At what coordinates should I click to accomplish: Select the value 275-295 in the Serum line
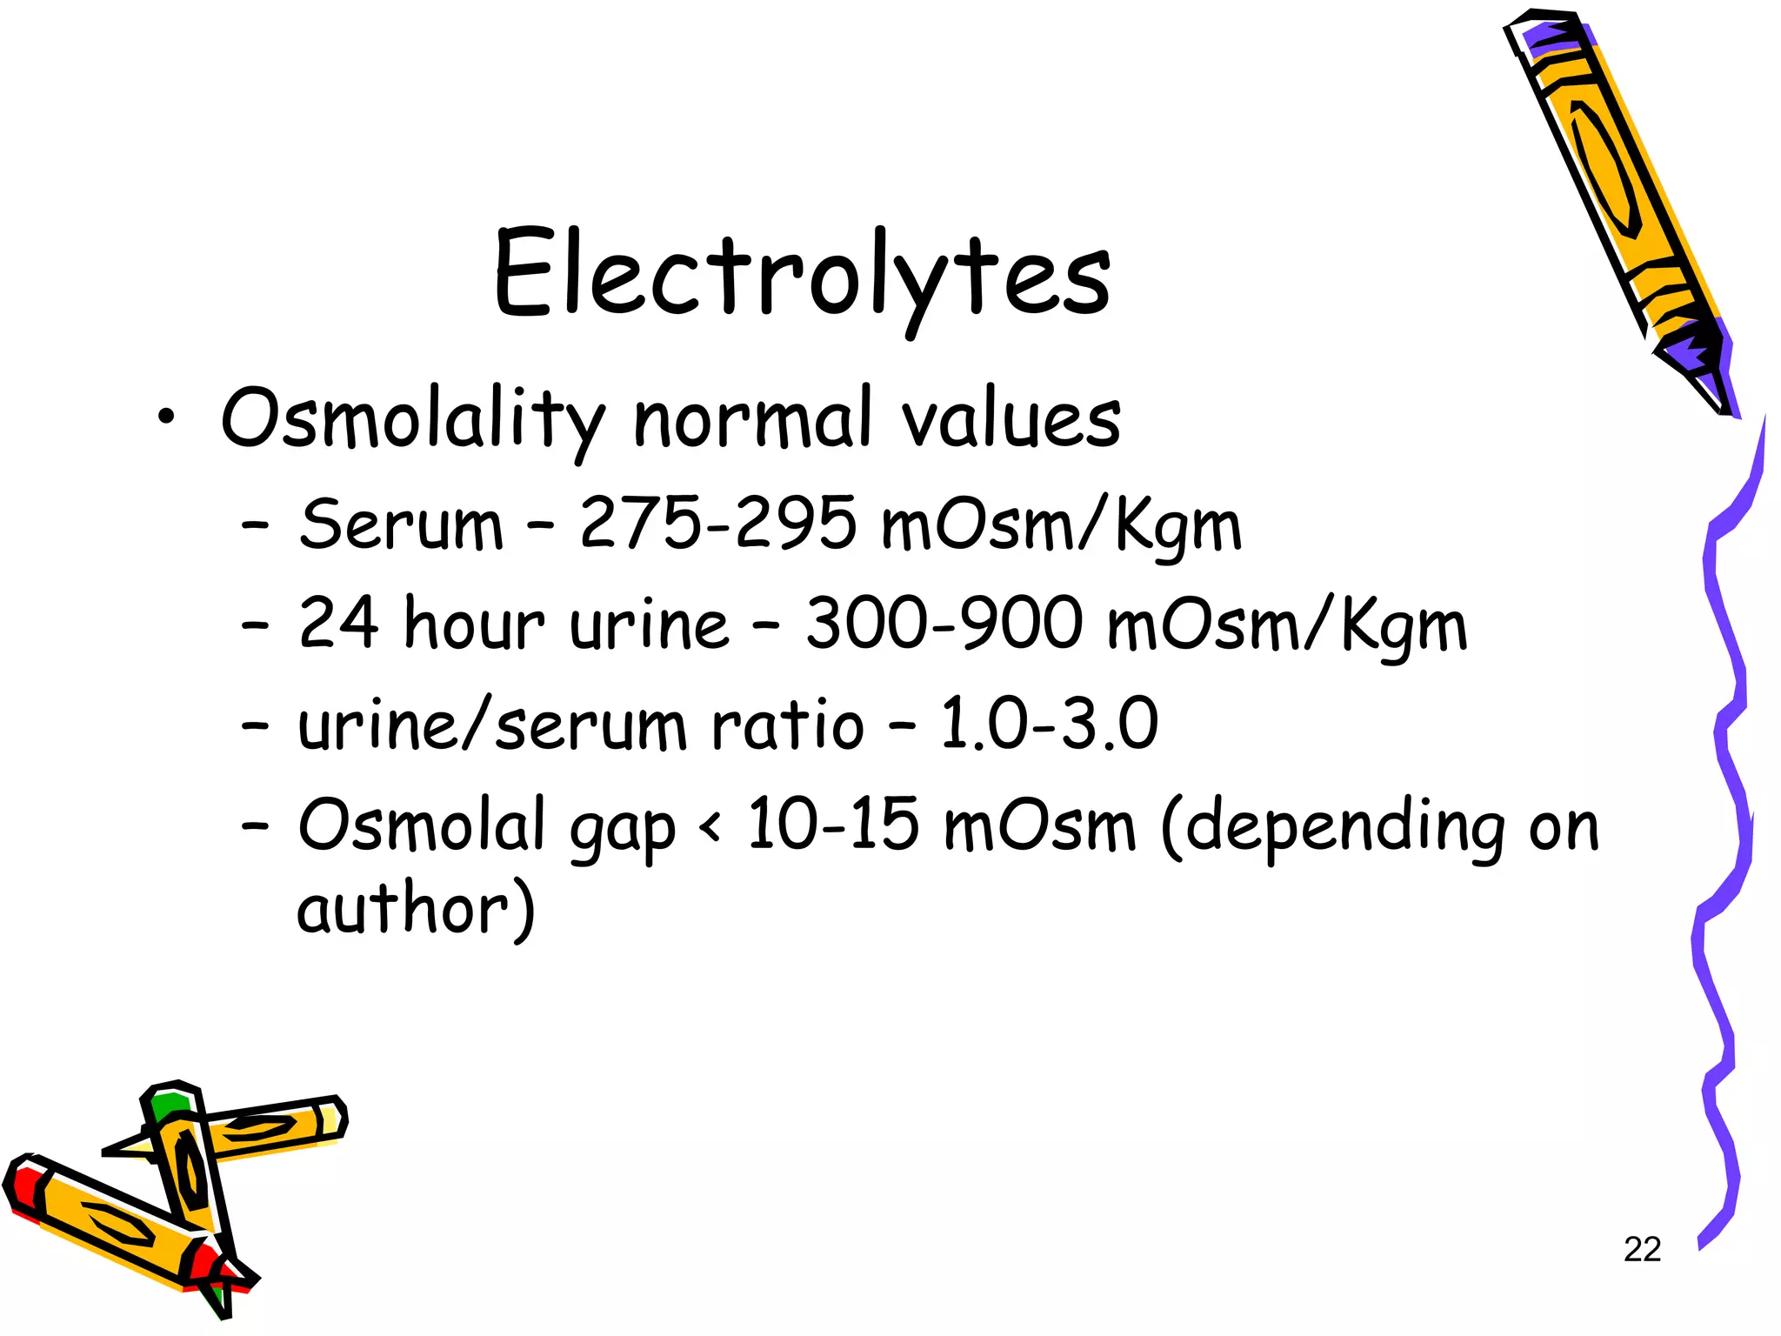[x=717, y=524]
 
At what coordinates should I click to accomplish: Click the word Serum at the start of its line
[x=401, y=525]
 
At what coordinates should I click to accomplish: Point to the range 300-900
[x=944, y=624]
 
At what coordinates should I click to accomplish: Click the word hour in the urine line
[x=474, y=624]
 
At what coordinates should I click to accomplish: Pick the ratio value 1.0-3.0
[x=1049, y=724]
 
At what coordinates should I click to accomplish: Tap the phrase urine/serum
[x=492, y=724]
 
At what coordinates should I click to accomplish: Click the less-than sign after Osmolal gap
[x=710, y=826]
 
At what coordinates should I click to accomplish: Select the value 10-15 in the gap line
[x=832, y=825]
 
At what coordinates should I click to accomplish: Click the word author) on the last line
[x=416, y=911]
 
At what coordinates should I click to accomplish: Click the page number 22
[x=1642, y=1250]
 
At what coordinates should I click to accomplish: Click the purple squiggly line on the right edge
[x=1726, y=783]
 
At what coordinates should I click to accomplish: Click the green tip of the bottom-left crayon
[x=167, y=1106]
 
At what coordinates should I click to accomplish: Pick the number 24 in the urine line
[x=338, y=624]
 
